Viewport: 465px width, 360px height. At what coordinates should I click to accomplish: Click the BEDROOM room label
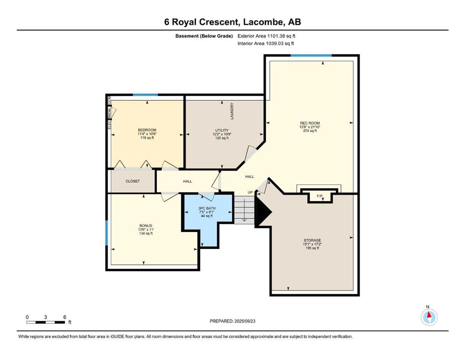click(147, 130)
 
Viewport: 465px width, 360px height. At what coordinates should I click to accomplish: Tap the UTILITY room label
click(222, 130)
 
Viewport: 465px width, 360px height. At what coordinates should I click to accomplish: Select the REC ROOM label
click(310, 123)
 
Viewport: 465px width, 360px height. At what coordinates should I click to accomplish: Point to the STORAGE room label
click(312, 240)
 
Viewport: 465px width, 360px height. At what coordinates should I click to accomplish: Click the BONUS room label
click(146, 225)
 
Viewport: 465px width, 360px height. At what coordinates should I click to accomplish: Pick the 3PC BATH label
click(207, 208)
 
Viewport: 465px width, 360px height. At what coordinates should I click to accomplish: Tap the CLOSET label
click(133, 181)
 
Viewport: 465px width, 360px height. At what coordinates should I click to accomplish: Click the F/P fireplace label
click(320, 196)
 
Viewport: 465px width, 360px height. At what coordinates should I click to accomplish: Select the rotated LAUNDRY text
click(232, 111)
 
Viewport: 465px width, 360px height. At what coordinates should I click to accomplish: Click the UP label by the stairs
click(250, 192)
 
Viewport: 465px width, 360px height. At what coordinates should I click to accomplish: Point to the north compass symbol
click(429, 317)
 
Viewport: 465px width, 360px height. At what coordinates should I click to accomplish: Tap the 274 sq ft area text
click(310, 131)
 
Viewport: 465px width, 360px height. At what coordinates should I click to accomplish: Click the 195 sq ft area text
click(312, 248)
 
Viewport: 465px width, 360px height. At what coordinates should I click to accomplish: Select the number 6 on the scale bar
click(65, 317)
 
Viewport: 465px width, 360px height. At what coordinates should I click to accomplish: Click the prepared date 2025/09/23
click(244, 321)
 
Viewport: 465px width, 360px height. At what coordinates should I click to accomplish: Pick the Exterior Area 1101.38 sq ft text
click(266, 36)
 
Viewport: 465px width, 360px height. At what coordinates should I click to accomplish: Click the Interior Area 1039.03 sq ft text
click(266, 43)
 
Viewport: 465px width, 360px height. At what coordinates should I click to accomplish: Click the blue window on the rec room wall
click(311, 55)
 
